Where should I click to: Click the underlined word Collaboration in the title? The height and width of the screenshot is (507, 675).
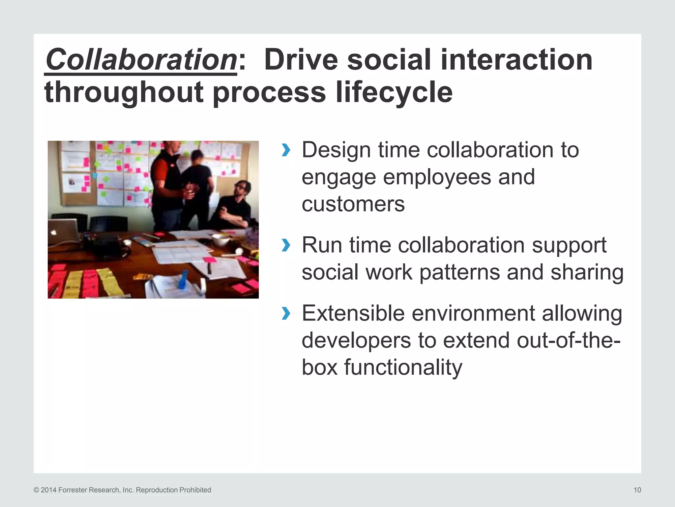pos(141,60)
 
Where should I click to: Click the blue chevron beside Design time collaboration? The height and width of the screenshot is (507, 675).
pos(286,150)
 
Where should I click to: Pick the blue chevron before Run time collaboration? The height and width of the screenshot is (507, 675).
pos(286,246)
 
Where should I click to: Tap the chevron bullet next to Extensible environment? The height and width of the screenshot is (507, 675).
pos(286,313)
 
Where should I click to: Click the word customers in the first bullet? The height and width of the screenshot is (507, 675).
pos(353,204)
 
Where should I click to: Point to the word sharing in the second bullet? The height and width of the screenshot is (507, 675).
pos(587,272)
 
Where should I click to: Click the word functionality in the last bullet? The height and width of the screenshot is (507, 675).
pos(403,367)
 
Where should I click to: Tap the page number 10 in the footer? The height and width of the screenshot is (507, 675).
pos(637,490)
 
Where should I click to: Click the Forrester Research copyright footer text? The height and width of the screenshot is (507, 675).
pos(122,490)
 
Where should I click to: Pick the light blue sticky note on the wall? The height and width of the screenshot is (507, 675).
pos(95,175)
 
